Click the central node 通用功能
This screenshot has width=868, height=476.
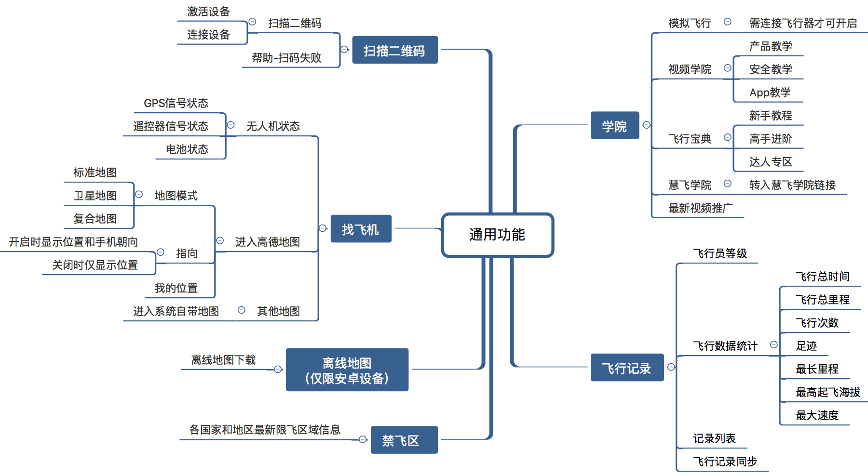(x=497, y=235)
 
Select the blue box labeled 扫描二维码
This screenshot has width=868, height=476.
(x=394, y=50)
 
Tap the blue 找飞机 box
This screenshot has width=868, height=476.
(x=361, y=229)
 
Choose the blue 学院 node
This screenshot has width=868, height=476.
(x=614, y=126)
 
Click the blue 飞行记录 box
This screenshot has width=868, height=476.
(x=626, y=368)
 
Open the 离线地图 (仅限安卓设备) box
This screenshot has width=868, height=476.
(x=347, y=370)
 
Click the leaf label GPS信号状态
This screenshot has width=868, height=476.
(x=176, y=103)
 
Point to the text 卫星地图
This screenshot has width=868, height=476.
(x=95, y=196)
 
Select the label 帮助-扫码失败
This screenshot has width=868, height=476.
(x=286, y=58)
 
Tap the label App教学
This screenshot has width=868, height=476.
(x=770, y=93)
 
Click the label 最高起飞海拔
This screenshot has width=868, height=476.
(x=827, y=392)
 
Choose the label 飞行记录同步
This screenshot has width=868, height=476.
(x=725, y=462)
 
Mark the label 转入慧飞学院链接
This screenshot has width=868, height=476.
(x=792, y=185)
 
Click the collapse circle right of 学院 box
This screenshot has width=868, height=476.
(x=647, y=125)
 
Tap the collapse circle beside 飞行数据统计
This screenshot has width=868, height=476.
(x=774, y=344)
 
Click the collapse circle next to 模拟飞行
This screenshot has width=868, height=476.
(x=728, y=22)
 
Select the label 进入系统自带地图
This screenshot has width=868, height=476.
(x=176, y=311)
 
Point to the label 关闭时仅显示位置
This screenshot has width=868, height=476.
(x=95, y=265)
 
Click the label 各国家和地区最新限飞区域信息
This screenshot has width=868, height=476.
(x=265, y=430)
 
